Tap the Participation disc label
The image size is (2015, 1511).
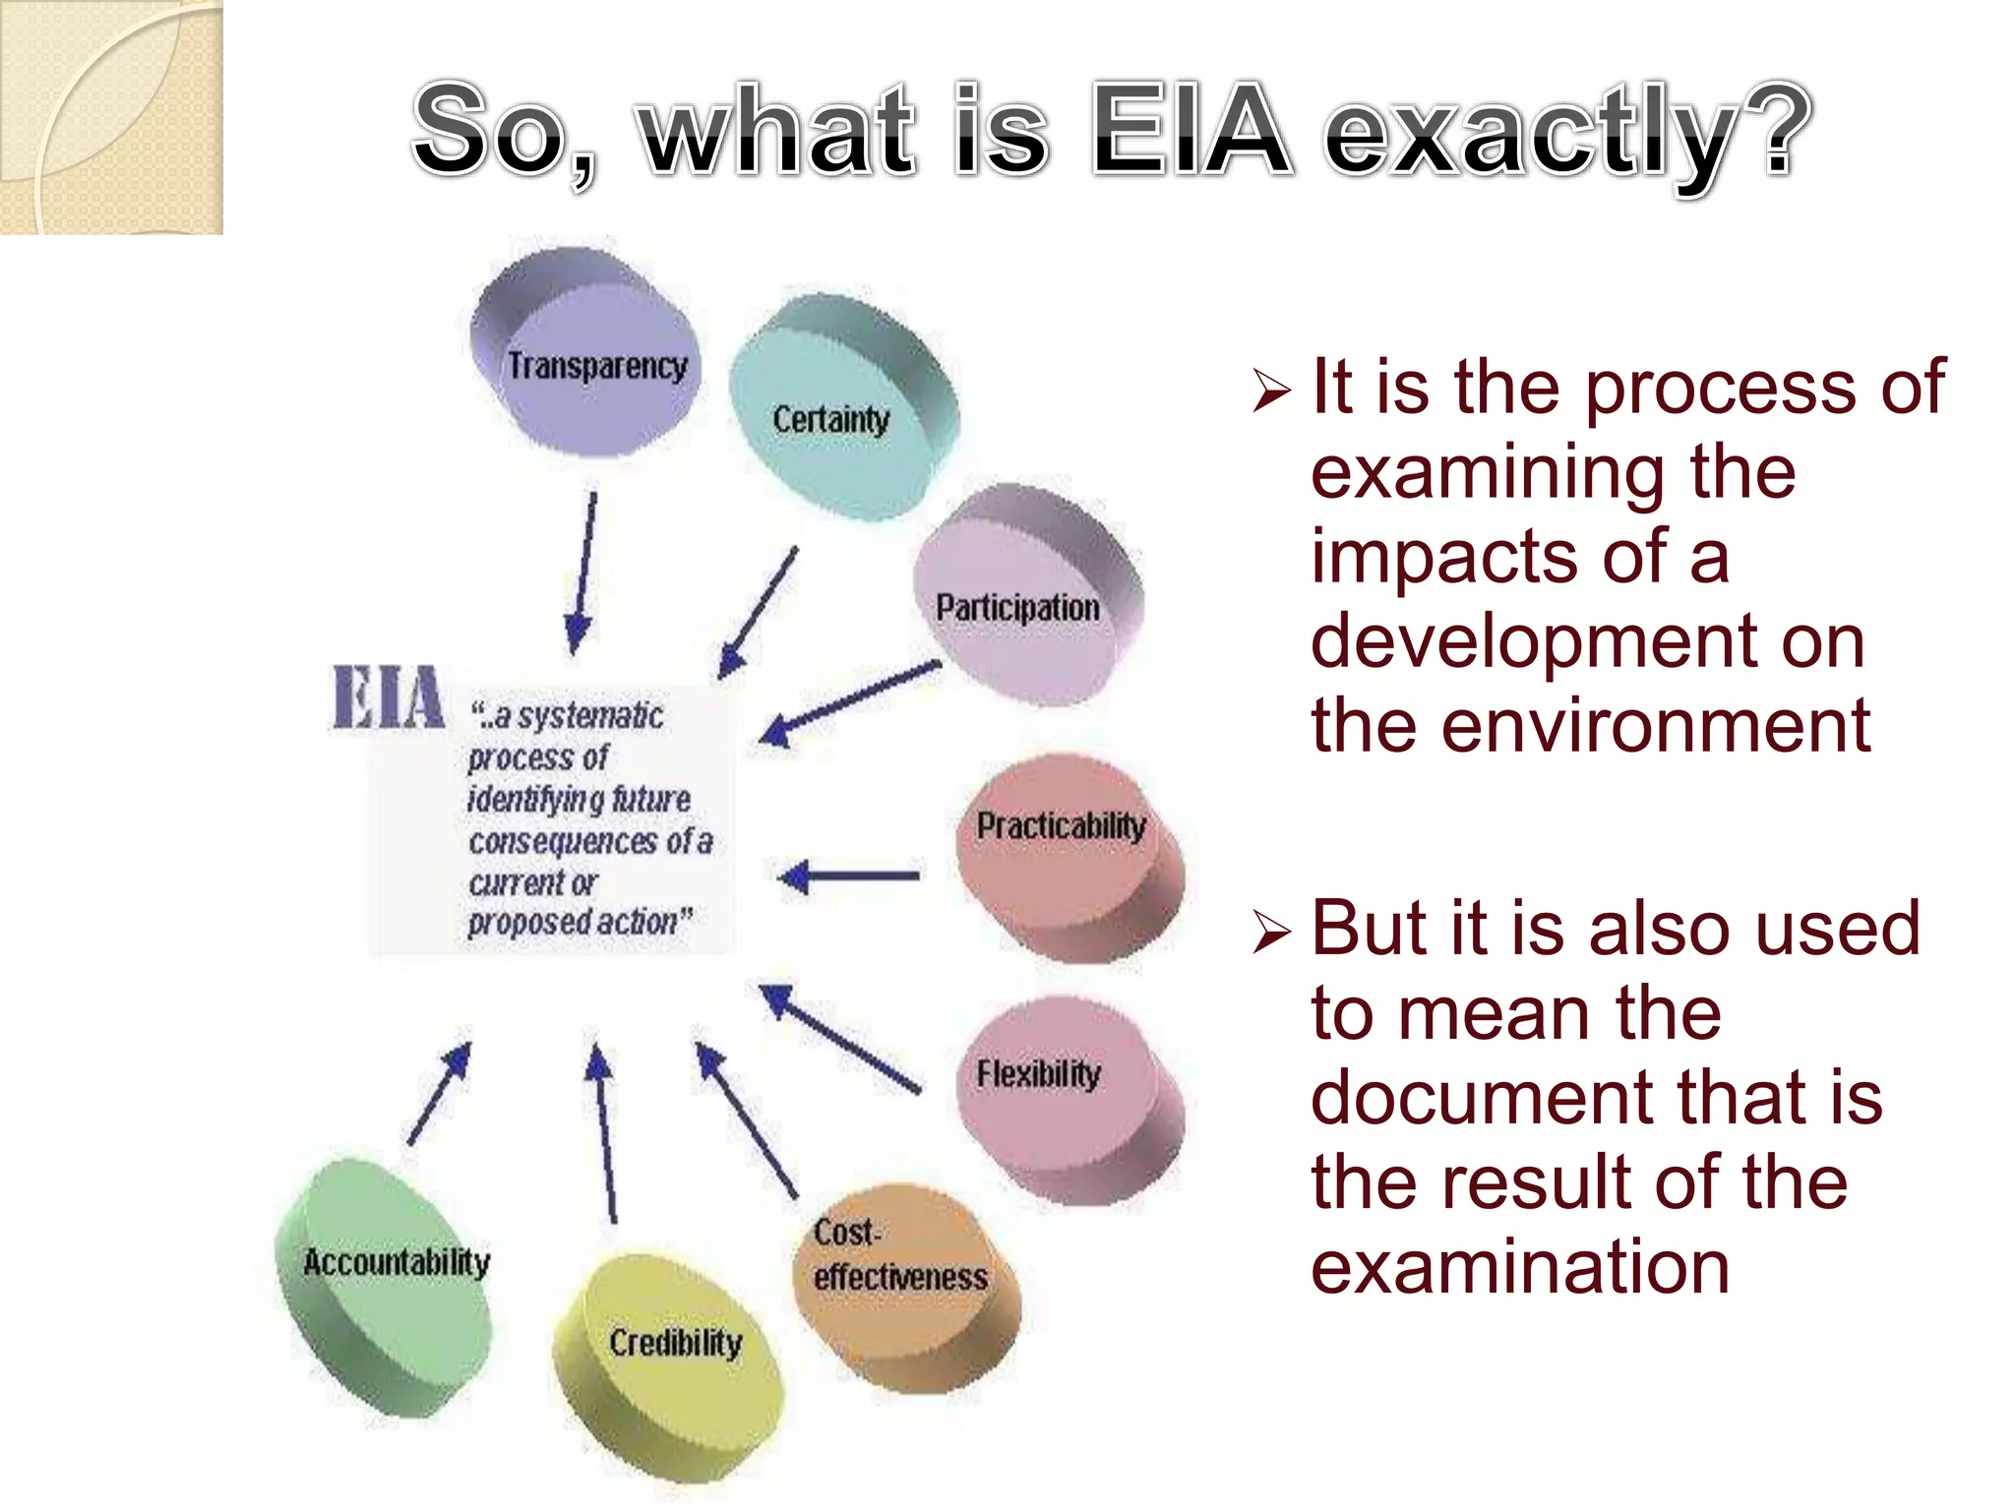[1017, 608]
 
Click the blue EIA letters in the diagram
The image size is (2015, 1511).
[388, 698]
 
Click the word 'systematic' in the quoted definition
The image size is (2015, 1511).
[590, 716]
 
